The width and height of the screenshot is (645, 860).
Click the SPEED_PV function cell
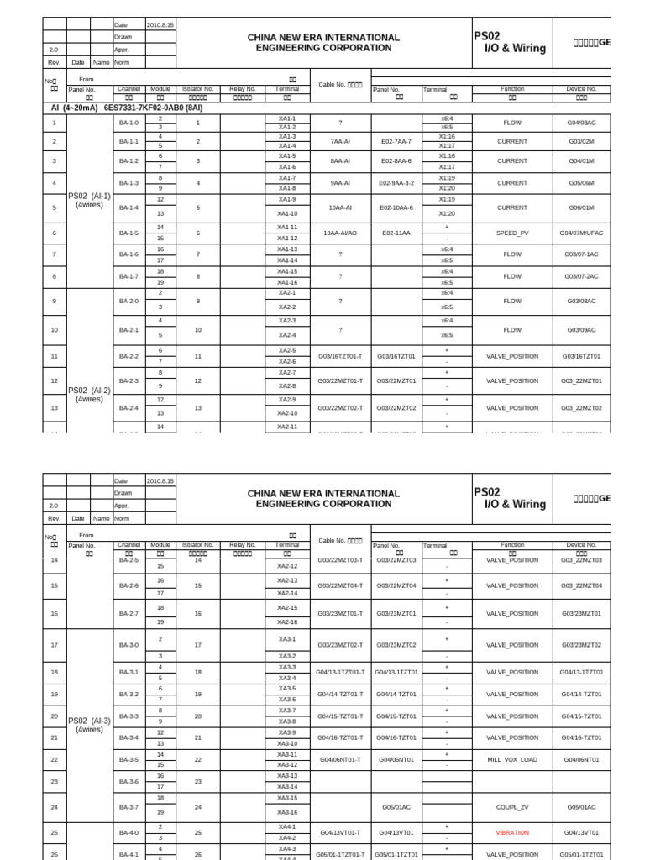512,233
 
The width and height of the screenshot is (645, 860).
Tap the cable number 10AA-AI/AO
340,233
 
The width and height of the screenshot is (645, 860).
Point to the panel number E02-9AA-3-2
397,182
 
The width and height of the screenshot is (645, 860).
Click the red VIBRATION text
512,832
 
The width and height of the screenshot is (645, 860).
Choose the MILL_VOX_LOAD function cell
512,759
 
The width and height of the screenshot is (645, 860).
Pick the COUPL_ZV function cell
512,806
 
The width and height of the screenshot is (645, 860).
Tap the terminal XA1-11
287,228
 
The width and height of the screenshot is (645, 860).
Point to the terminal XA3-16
287,812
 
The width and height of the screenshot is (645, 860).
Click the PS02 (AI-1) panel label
89,199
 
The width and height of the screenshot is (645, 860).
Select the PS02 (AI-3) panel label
89,725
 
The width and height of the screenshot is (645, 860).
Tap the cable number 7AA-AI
340,141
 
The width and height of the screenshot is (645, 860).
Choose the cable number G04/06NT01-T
340,759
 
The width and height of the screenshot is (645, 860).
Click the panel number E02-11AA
397,233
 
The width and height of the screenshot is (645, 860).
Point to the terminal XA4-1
287,827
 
